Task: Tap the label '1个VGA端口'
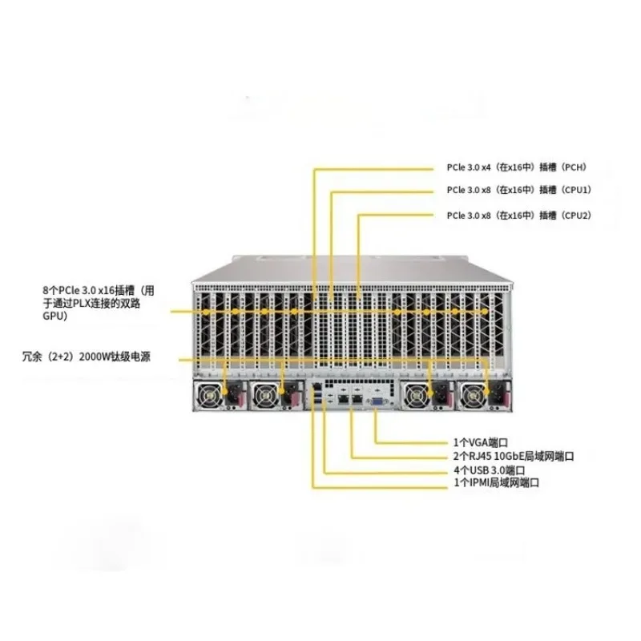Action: tap(482, 442)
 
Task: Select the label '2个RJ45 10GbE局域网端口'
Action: tap(513, 456)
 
